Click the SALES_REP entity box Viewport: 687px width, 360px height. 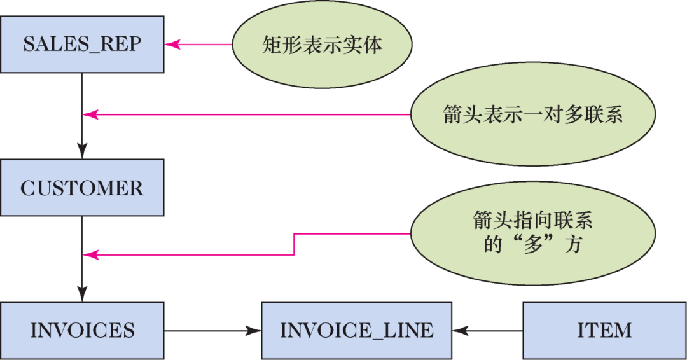point(82,45)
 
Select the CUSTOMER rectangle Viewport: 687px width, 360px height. point(82,188)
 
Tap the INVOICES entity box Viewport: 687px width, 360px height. point(82,330)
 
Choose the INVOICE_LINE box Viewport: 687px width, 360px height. point(356,330)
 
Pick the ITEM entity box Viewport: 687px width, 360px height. point(604,330)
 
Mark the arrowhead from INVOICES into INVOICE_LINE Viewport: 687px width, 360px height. point(254,330)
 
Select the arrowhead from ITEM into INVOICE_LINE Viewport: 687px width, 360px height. point(460,330)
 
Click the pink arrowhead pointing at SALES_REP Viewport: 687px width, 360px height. point(172,45)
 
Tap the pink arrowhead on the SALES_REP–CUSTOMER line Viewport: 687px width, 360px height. point(90,114)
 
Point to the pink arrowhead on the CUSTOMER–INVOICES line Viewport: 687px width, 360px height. point(90,255)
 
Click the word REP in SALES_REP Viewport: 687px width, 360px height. point(121,45)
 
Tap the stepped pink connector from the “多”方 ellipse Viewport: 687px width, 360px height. point(294,245)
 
